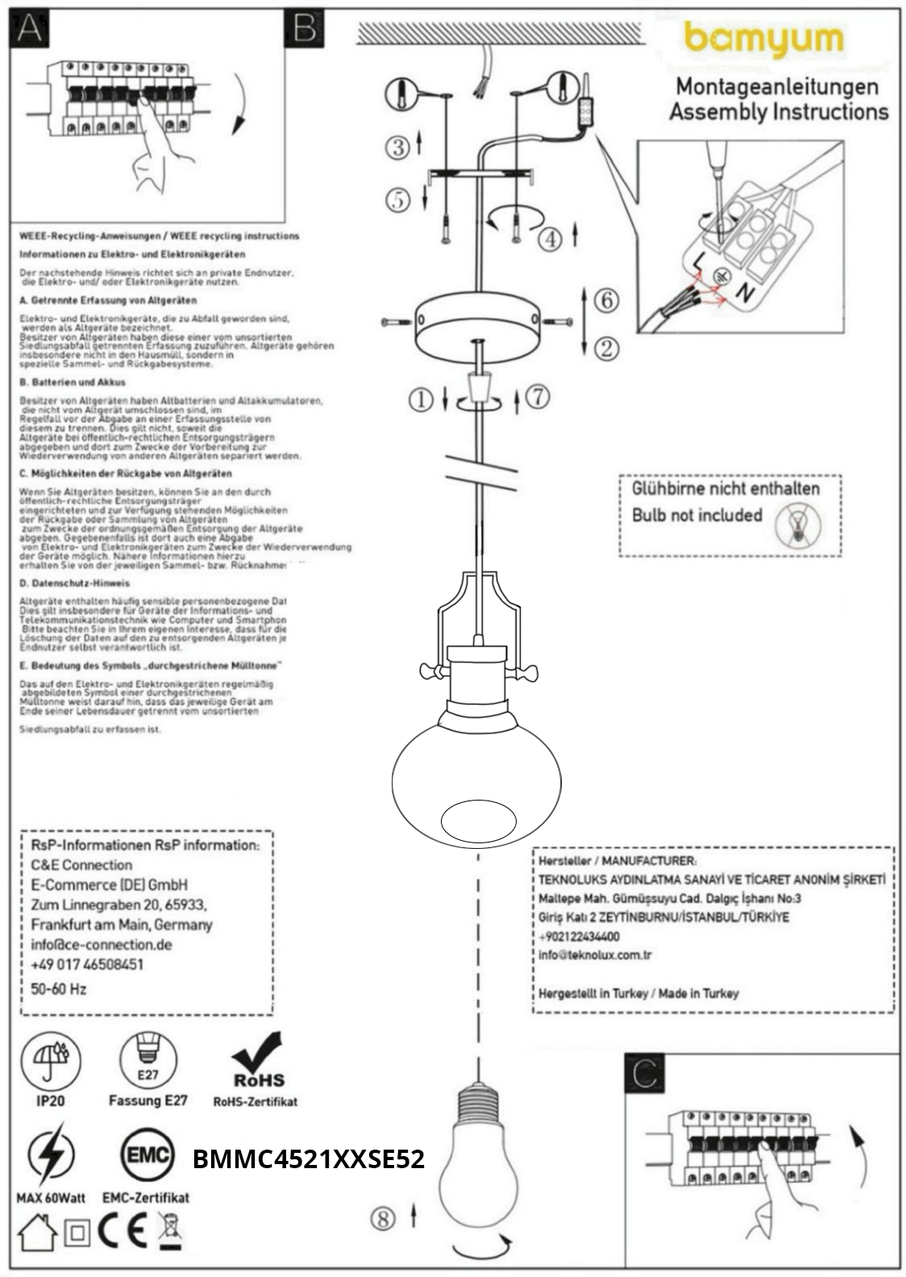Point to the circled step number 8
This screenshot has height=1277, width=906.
pyautogui.click(x=383, y=1218)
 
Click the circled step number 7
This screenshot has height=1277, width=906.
pyautogui.click(x=538, y=397)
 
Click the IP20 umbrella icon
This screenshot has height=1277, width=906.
pyautogui.click(x=51, y=1059)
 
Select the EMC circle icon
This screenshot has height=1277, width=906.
pyautogui.click(x=147, y=1155)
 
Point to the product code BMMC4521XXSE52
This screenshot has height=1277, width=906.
pyautogui.click(x=308, y=1159)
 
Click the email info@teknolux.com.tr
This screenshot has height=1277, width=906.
pyautogui.click(x=595, y=955)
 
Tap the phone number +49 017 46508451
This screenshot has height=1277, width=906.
pyautogui.click(x=87, y=964)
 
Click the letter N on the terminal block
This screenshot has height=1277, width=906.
pyautogui.click(x=746, y=293)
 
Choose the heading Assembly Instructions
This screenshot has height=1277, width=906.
pyautogui.click(x=779, y=111)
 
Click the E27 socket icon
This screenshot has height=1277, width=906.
pyautogui.click(x=148, y=1059)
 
